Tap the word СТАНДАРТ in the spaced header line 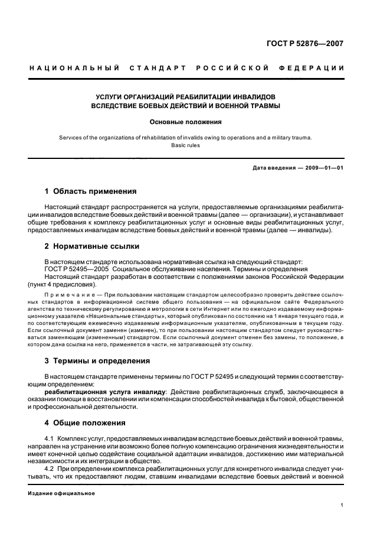156,69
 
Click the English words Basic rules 186,145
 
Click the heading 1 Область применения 91,191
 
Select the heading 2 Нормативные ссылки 93,246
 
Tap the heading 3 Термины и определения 97,360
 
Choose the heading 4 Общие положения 85,423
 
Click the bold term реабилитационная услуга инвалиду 107,391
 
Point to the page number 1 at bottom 342,505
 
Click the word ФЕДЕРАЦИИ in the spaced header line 317,69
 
